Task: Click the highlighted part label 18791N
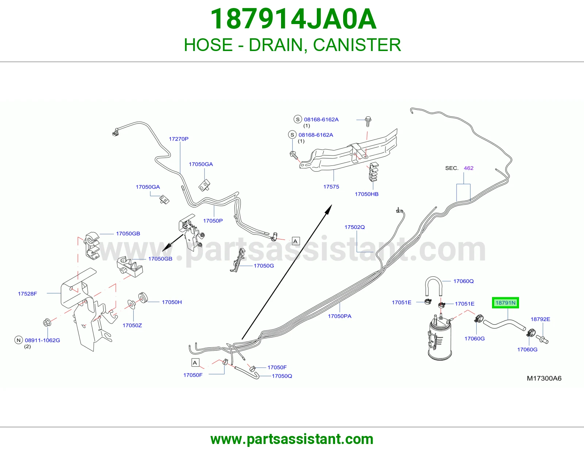(x=505, y=303)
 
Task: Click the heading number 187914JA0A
(x=293, y=19)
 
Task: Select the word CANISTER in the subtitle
(x=357, y=45)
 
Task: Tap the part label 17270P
(x=178, y=139)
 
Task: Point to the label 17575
(x=331, y=187)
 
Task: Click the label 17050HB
(x=366, y=194)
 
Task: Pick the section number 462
(x=468, y=168)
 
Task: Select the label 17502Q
(x=354, y=227)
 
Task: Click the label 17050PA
(x=339, y=316)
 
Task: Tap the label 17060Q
(x=463, y=281)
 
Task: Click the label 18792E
(x=540, y=319)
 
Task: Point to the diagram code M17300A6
(x=544, y=378)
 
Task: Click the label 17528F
(x=27, y=294)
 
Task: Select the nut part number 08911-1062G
(x=42, y=340)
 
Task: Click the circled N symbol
(x=19, y=340)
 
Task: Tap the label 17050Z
(x=132, y=325)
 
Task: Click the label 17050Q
(x=282, y=376)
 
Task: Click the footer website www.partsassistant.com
(x=292, y=439)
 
